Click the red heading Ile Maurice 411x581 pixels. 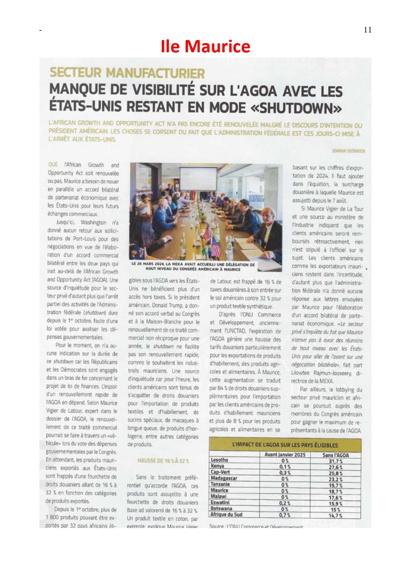[205, 46]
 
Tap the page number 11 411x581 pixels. [368, 30]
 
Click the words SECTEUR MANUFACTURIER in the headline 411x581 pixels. [127, 73]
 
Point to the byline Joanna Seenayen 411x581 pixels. [348, 151]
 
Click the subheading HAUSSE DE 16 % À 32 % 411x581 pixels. [163, 461]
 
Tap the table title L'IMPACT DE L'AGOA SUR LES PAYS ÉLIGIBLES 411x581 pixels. [285, 445]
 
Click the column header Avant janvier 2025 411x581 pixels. [285, 455]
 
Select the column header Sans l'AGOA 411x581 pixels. [335, 455]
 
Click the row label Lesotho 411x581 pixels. [219, 460]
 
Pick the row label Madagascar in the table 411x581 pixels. [224, 478]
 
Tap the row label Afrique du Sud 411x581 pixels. [226, 514]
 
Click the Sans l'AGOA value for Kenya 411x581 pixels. [335, 467]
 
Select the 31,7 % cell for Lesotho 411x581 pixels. [335, 461]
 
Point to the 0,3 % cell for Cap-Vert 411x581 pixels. [285, 472]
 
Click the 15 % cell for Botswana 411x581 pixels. [335, 509]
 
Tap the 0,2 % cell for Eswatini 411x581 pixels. [285, 503]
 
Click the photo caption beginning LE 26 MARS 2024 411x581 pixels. [193, 267]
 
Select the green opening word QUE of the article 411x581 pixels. [53, 165]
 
